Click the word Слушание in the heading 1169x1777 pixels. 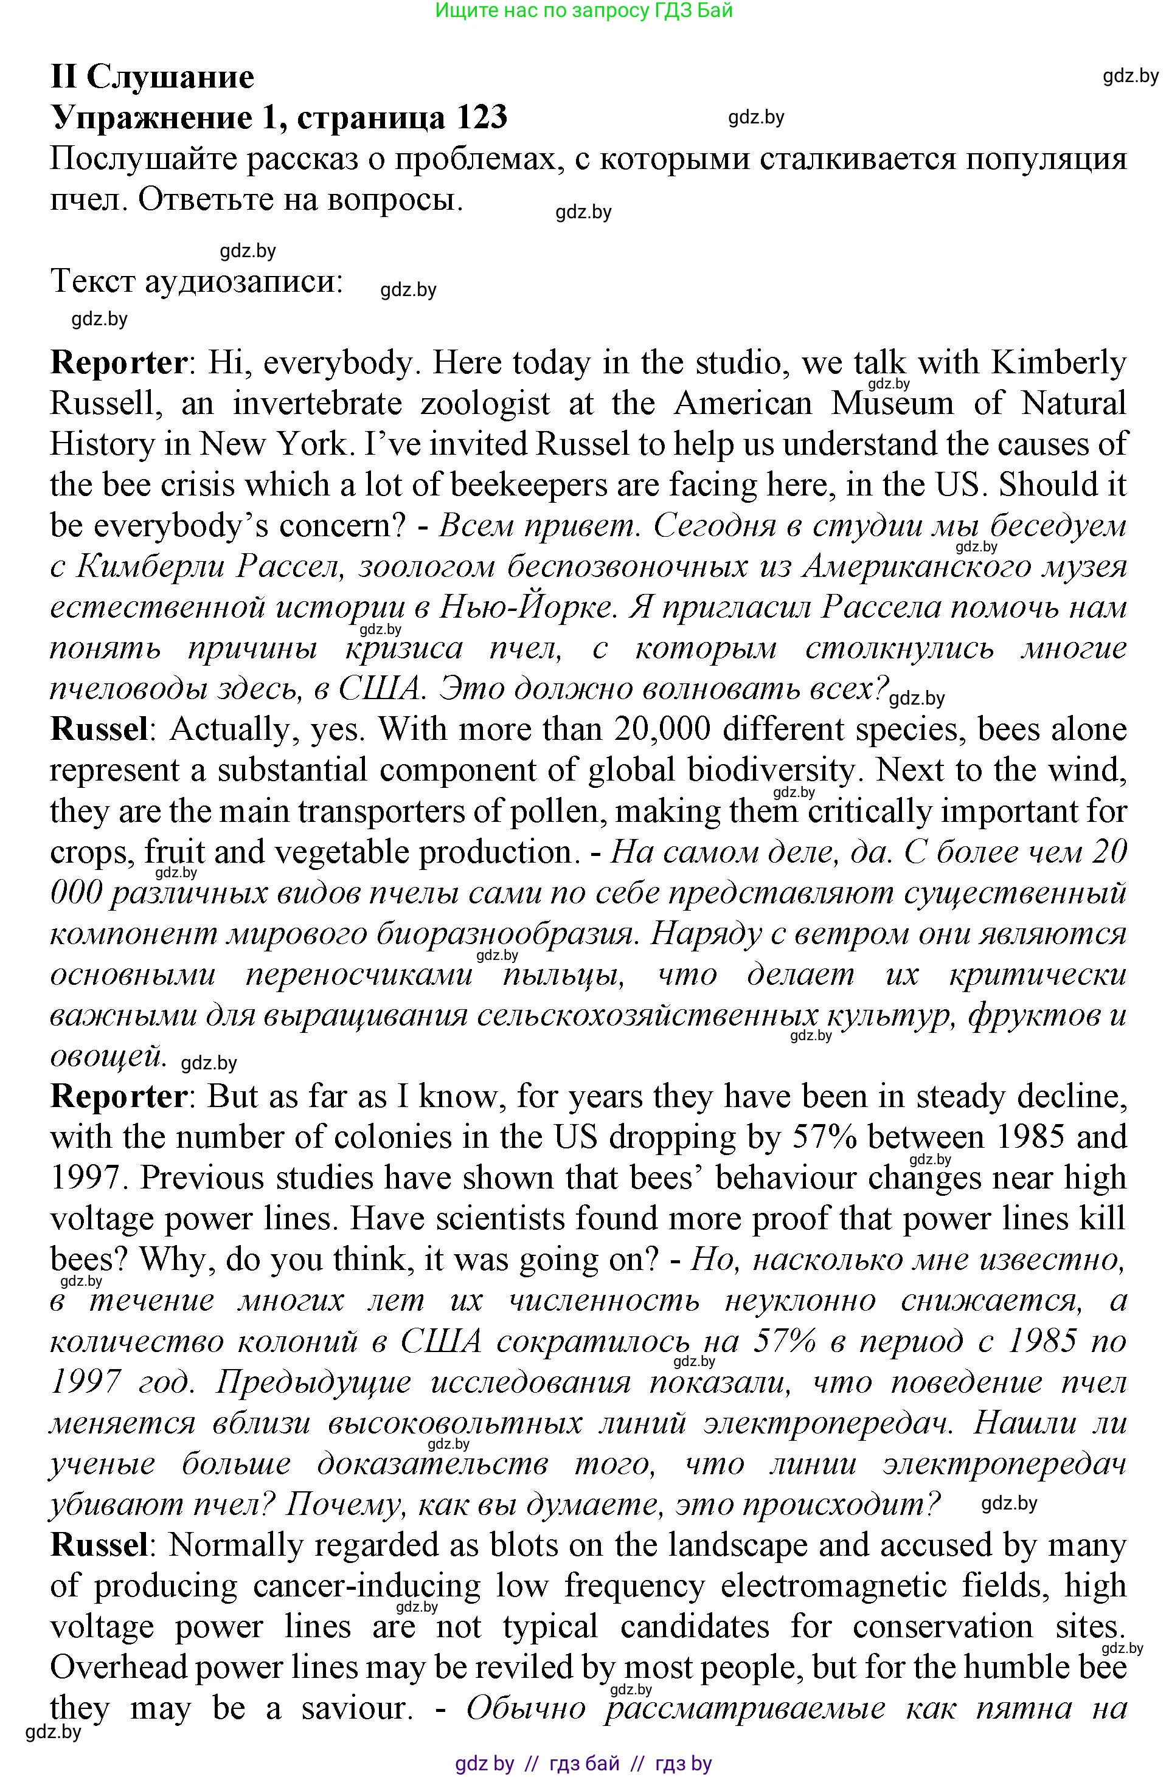[x=170, y=76]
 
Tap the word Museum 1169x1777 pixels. [x=893, y=404]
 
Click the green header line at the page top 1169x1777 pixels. [x=583, y=10]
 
